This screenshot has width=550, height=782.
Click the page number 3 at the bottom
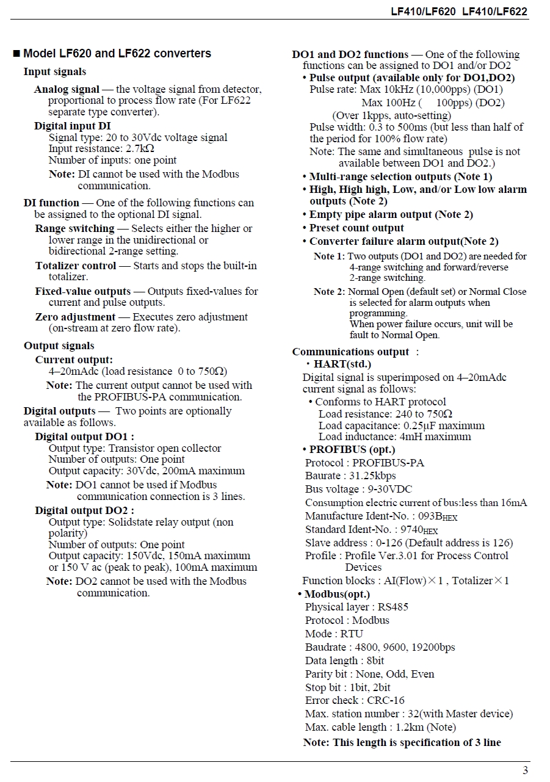point(525,770)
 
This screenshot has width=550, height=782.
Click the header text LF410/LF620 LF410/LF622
point(459,12)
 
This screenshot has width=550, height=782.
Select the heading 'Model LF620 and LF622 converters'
point(117,54)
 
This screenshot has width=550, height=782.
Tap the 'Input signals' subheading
point(55,72)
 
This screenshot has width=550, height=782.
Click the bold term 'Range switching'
point(74,228)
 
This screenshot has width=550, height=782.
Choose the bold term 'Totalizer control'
point(76,266)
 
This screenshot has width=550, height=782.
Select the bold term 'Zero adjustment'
point(75,317)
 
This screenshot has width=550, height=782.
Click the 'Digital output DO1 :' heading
point(84,436)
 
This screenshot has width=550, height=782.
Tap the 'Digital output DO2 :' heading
point(84,510)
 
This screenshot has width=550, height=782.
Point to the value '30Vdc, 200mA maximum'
point(194,471)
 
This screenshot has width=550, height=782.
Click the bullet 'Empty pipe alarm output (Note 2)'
point(391,215)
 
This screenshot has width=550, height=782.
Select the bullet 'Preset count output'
point(356,228)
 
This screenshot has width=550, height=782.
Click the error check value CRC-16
point(385,700)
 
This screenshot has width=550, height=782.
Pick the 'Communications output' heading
point(350,352)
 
